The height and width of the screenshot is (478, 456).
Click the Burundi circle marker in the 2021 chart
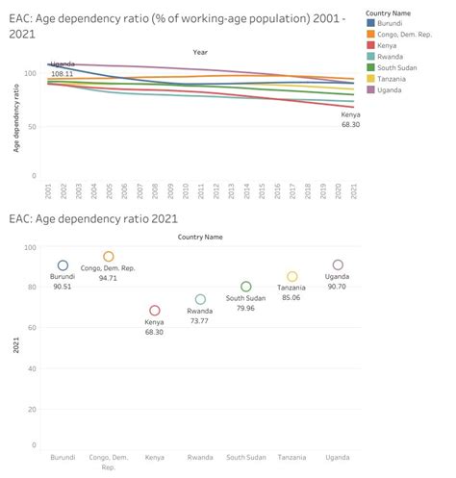point(63,265)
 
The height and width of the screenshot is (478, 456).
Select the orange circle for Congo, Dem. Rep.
point(109,257)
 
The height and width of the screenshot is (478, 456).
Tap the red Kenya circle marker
point(154,311)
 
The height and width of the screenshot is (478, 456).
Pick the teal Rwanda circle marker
point(200,300)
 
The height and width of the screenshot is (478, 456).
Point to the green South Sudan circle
point(246,287)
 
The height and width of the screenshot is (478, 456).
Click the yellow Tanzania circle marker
point(292,277)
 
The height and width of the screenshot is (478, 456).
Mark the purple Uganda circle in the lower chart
point(338,265)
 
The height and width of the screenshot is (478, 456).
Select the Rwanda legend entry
point(371,56)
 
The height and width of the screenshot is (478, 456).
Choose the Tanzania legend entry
point(371,79)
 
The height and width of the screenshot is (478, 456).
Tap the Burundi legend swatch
point(371,21)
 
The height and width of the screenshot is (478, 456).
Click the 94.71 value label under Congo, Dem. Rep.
point(109,278)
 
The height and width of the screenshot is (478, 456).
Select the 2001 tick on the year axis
point(48,191)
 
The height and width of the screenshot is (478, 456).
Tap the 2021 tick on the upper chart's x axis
point(353,191)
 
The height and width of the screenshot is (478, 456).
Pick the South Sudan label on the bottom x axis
point(246,458)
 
